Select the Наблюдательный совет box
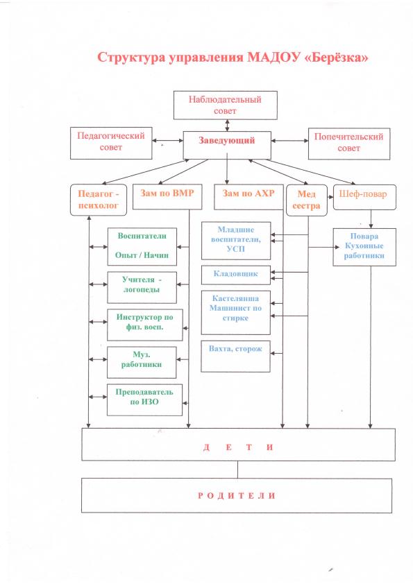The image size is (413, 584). pos(225,105)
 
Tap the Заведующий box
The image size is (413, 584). pos(226,145)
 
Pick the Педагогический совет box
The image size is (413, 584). pos(111,143)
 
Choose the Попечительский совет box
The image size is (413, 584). pos(349,144)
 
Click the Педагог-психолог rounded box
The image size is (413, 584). pos(99,200)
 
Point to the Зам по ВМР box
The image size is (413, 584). pos(167,197)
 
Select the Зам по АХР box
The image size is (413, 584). pos(248,197)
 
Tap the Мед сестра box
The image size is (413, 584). pos(306,200)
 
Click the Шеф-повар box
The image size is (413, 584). pos(364,197)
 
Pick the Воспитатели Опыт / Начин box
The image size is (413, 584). pos(142,246)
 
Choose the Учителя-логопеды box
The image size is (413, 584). pos(142,287)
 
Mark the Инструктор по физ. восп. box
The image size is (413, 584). pos(145,325)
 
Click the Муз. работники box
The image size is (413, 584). pos(142,362)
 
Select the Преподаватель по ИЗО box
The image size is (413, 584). pos(144,400)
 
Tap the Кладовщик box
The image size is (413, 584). pos(235,275)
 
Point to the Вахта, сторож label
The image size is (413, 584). pos(235,349)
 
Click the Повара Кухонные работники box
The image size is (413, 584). pos(364,247)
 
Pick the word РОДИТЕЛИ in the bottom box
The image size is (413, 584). pos(237,496)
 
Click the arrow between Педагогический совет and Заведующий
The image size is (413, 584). pos(167,141)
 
